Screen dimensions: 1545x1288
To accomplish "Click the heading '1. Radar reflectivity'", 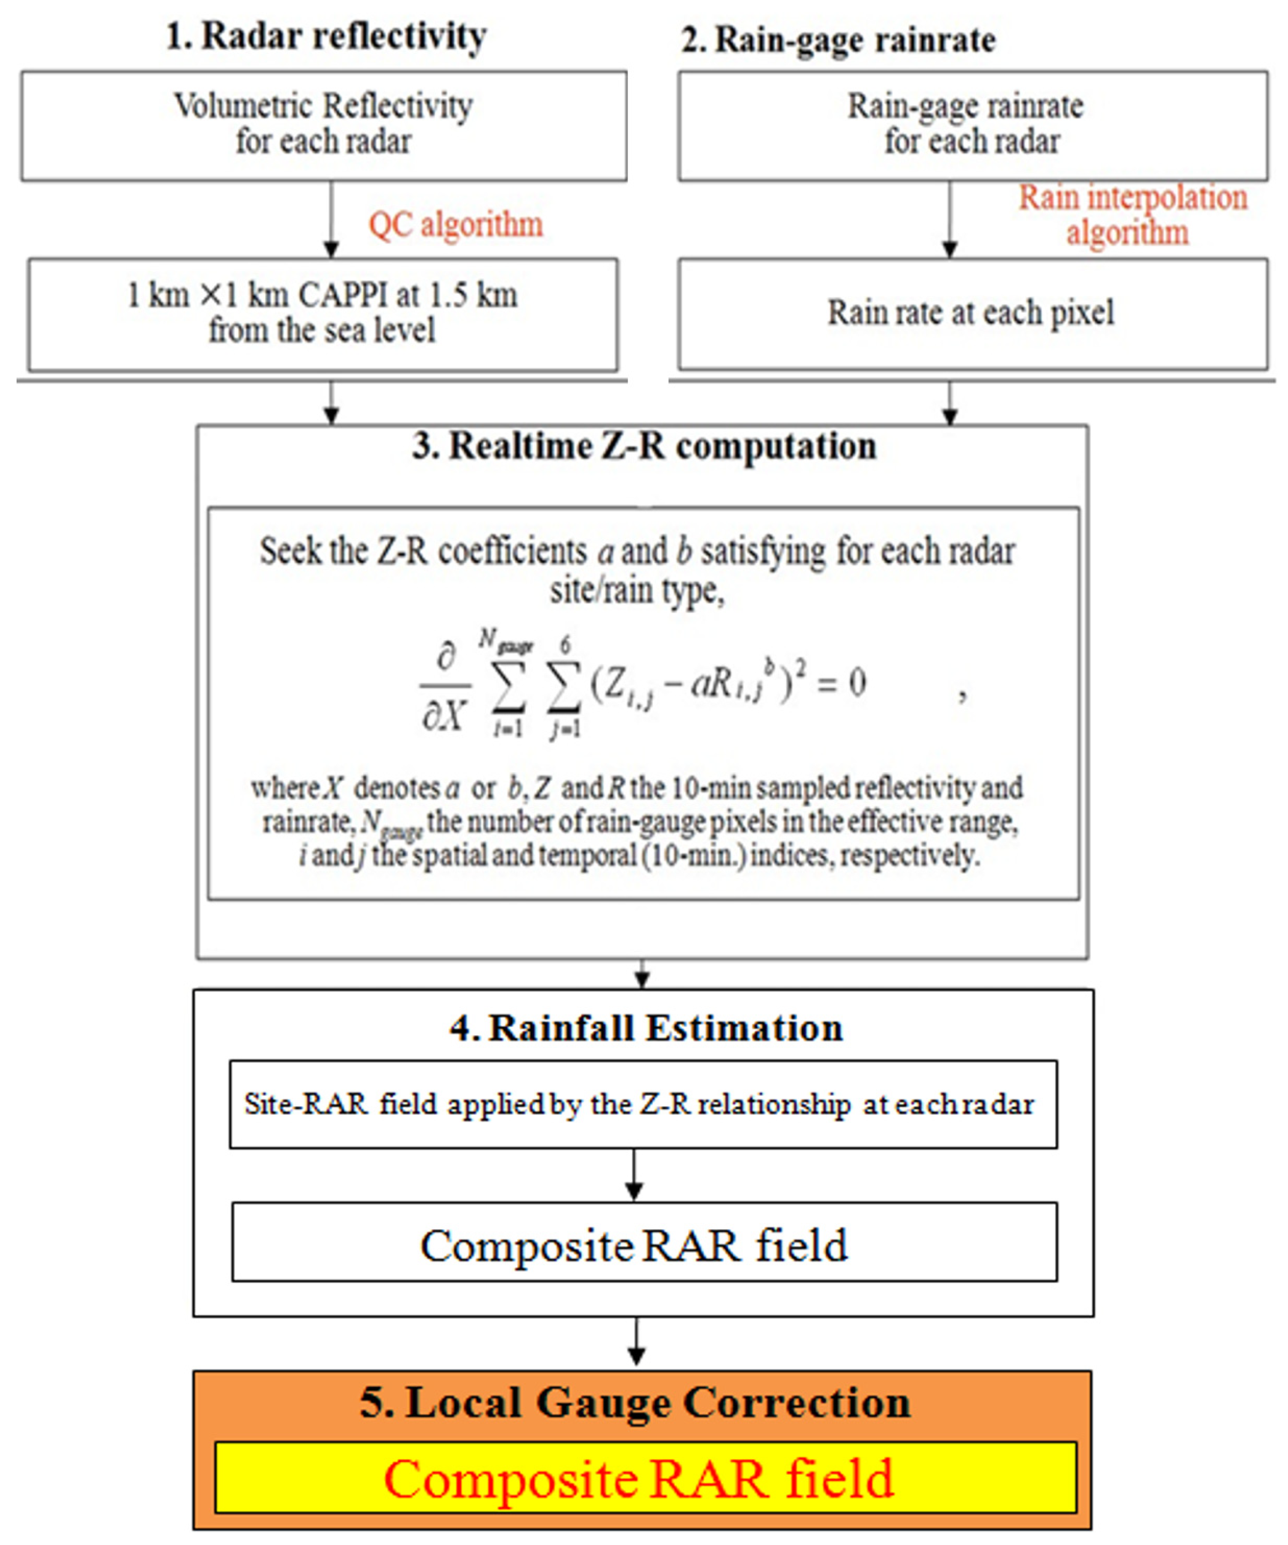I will click(326, 37).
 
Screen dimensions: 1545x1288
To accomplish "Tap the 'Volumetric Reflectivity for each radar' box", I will click(324, 125).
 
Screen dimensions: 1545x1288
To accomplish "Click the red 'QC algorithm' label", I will click(455, 225).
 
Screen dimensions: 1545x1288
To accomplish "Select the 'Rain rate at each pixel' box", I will click(972, 314).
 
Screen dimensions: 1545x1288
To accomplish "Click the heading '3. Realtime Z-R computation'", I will click(644, 446).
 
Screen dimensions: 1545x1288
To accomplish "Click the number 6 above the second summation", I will click(565, 646).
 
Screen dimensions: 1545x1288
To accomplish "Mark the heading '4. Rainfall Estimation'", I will click(646, 1028).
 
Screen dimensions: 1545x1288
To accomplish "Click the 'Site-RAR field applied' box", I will click(642, 1104).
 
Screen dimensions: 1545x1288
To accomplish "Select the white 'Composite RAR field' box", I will click(644, 1245).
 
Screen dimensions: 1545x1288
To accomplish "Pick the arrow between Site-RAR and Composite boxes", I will click(634, 1175).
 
